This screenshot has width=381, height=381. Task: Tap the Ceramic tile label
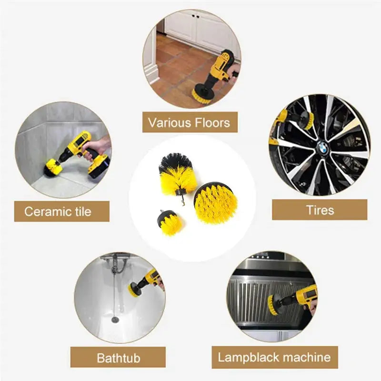58,211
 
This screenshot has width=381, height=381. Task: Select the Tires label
320,210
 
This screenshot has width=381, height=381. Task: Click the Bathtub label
118,357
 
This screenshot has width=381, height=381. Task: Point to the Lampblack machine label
274,357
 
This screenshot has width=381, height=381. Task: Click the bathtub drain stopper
115,318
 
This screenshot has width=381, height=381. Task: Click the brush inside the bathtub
136,288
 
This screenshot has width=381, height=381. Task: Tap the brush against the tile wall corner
52,167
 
